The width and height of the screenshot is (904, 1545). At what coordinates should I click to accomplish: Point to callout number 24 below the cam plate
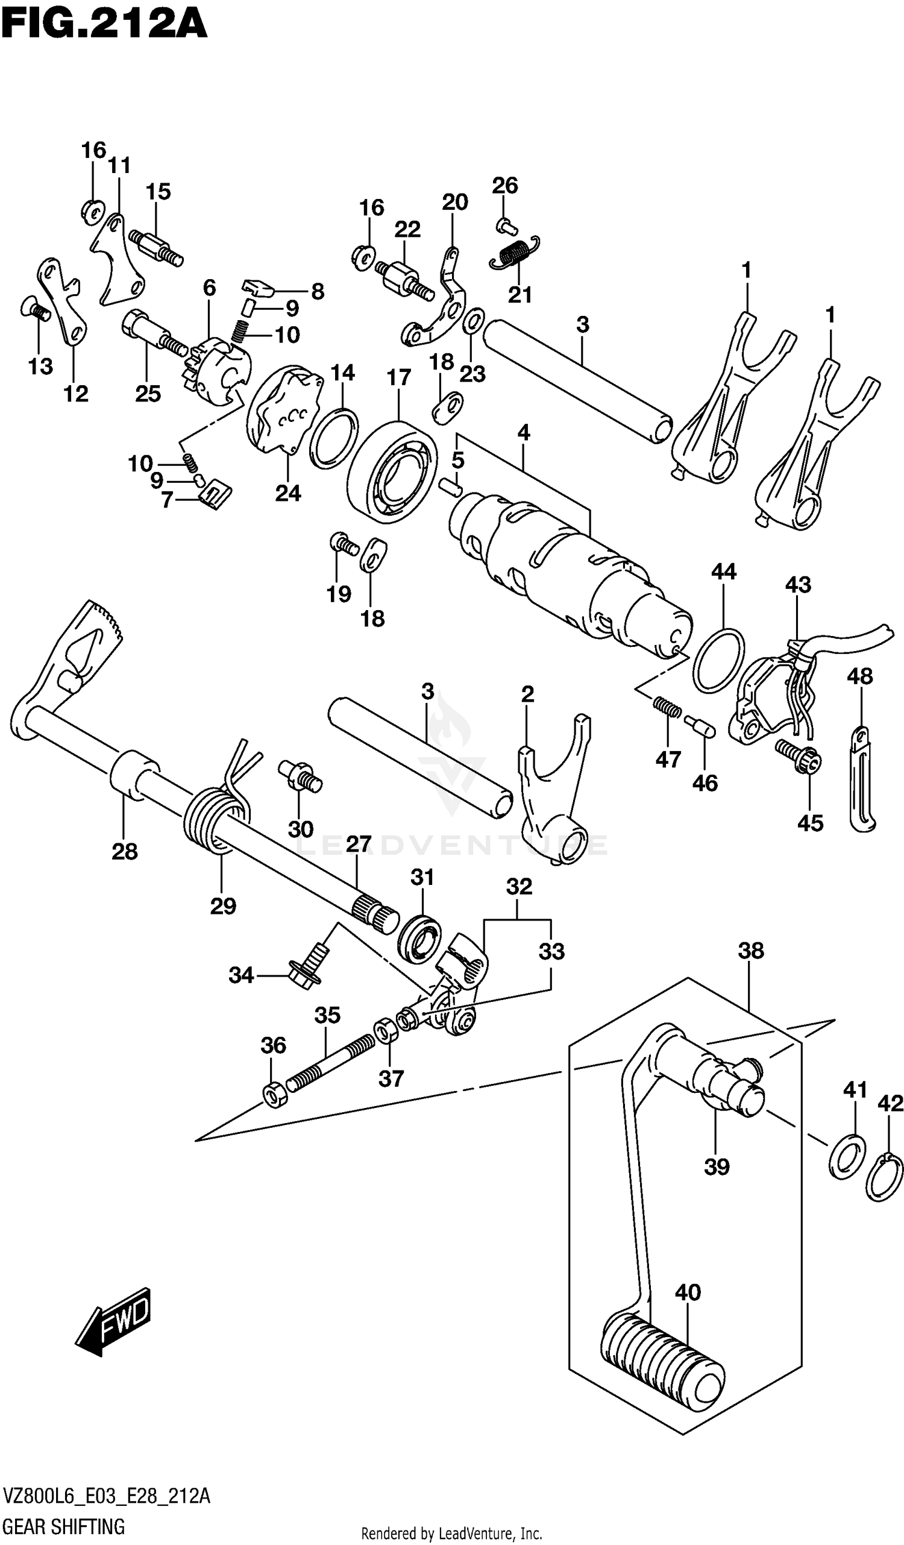(288, 493)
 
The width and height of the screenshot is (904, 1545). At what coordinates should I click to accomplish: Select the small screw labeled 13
(36, 309)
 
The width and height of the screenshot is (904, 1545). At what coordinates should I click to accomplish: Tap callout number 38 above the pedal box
(751, 951)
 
